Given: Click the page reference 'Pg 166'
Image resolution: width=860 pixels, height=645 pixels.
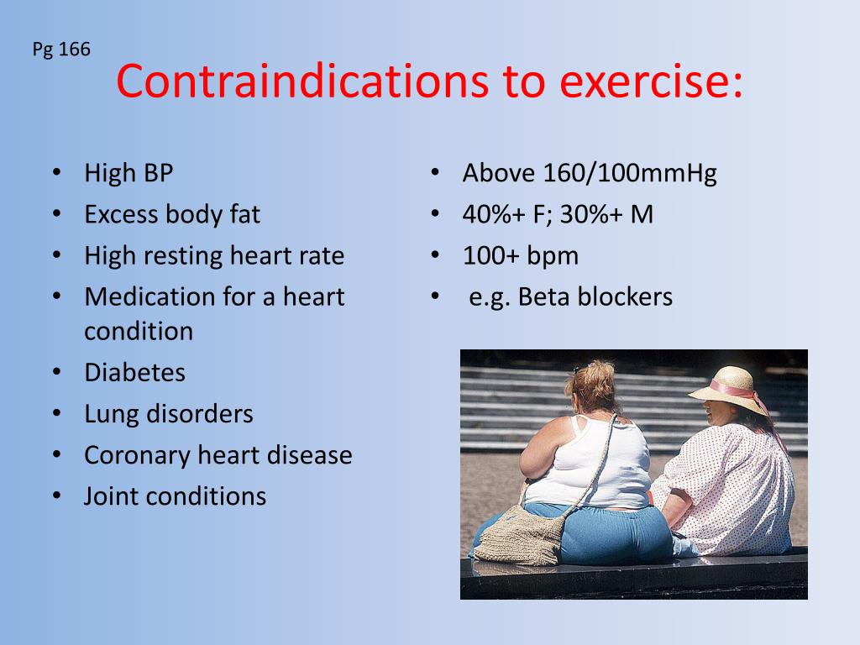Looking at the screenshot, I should click(x=61, y=50).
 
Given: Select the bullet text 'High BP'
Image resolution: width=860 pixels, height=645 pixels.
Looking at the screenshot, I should click(x=128, y=174).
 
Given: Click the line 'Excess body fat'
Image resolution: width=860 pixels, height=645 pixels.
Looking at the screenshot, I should click(x=172, y=215).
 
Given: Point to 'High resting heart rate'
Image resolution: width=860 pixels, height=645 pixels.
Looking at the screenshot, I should click(x=214, y=256).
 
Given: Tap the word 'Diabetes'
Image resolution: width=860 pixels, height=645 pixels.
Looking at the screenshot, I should click(x=134, y=372).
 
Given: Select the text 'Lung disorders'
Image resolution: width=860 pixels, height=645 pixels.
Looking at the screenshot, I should click(x=168, y=413).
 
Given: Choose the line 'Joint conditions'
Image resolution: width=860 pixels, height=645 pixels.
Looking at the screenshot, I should click(x=175, y=496).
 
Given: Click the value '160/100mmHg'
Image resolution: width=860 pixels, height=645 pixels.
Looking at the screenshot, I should click(x=630, y=174).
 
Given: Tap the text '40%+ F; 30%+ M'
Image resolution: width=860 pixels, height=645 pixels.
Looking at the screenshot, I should click(x=558, y=215).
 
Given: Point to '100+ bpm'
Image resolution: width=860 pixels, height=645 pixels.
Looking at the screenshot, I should click(x=520, y=256).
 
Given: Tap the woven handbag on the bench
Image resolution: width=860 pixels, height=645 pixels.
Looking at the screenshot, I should click(x=519, y=534).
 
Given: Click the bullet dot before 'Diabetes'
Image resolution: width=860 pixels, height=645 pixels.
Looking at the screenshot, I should click(x=56, y=371).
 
